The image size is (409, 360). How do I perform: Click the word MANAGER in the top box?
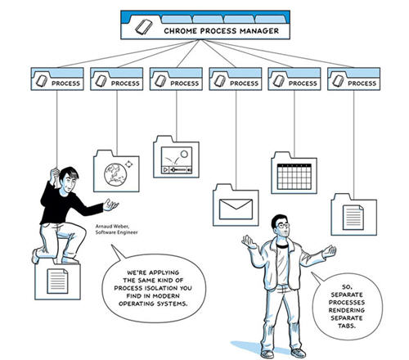259,31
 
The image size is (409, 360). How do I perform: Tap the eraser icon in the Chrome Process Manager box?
144,27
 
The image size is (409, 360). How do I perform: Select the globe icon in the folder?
115,174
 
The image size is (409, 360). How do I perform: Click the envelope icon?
236,209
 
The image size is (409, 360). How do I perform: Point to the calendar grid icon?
294,177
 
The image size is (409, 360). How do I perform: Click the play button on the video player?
165,170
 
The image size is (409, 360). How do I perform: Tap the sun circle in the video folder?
184,154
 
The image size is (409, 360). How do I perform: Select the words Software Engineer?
116,232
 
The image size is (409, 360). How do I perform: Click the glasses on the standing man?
283,225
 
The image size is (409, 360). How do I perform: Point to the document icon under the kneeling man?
57,281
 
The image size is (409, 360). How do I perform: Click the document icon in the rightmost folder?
353,218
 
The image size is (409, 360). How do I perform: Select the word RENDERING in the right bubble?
347,310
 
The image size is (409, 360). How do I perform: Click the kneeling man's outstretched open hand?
110,205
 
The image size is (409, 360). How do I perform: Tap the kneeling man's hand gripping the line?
54,175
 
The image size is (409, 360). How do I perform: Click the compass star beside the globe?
128,164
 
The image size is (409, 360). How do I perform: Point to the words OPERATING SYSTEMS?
153,304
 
